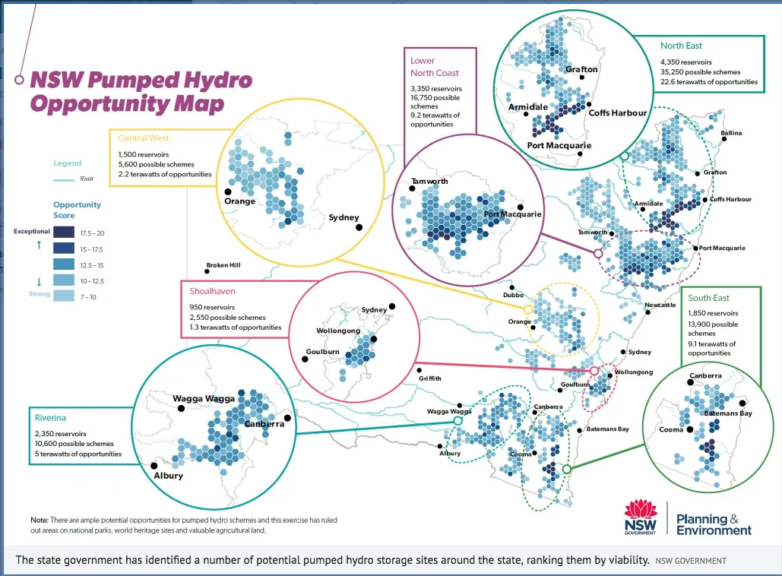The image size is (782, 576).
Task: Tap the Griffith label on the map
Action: [429, 378]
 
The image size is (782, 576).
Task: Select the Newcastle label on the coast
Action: [660, 305]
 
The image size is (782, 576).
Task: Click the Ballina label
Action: [730, 133]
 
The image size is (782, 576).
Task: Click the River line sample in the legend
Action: [63, 180]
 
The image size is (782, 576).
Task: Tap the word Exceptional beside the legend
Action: [31, 231]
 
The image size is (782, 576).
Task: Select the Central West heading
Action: [144, 138]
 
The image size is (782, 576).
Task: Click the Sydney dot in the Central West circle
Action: [358, 226]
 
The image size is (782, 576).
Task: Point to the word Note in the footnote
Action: [40, 520]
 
